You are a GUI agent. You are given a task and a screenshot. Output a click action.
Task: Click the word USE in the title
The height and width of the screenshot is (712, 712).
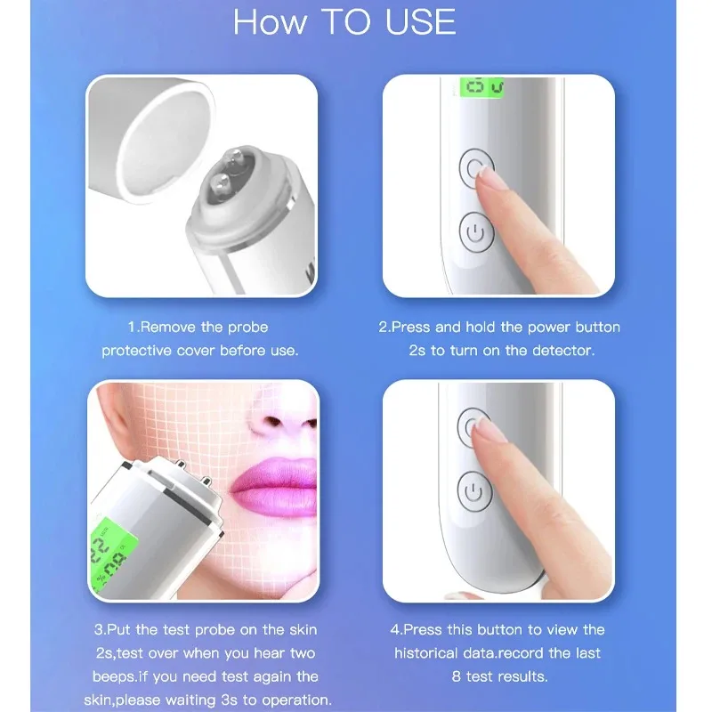420,23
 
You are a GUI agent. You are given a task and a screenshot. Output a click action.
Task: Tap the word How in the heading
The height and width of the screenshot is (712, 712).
266,23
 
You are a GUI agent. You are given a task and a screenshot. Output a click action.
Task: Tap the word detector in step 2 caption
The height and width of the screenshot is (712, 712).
563,351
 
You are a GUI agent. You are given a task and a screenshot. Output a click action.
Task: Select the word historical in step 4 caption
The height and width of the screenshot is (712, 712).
432,652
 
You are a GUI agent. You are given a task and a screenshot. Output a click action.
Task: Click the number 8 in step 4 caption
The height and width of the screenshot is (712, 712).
457,676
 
